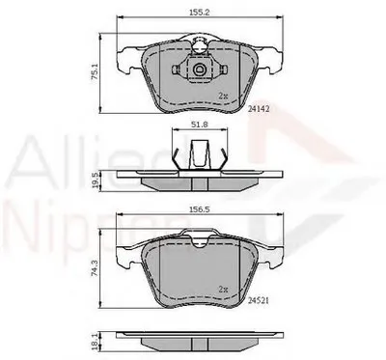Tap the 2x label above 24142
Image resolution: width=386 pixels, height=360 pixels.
coord(223,96)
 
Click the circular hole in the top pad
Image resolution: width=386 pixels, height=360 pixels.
coord(199,70)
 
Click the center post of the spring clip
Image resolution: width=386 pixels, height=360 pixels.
coord(200,154)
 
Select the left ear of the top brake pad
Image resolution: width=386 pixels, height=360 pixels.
coord(124,60)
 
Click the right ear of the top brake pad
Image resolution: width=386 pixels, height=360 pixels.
coord(274,60)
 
